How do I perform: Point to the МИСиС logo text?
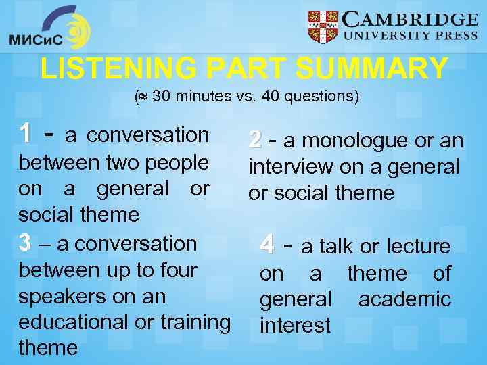point(35,40)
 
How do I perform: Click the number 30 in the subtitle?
point(162,97)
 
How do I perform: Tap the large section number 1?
point(26,134)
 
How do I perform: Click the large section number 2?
point(255,141)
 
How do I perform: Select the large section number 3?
point(25,243)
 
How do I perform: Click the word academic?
point(404,299)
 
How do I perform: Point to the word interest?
point(296,326)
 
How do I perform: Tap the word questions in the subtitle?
point(321,97)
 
